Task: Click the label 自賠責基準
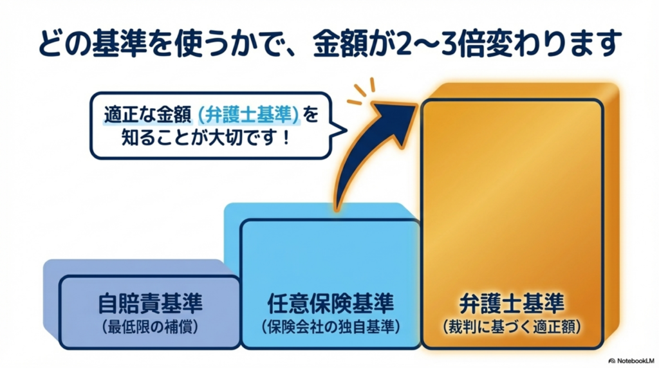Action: (149, 302)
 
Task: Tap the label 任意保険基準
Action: (330, 302)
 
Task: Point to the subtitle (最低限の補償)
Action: (149, 326)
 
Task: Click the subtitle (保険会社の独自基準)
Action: (330, 326)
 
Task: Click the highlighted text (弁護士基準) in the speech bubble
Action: (248, 114)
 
